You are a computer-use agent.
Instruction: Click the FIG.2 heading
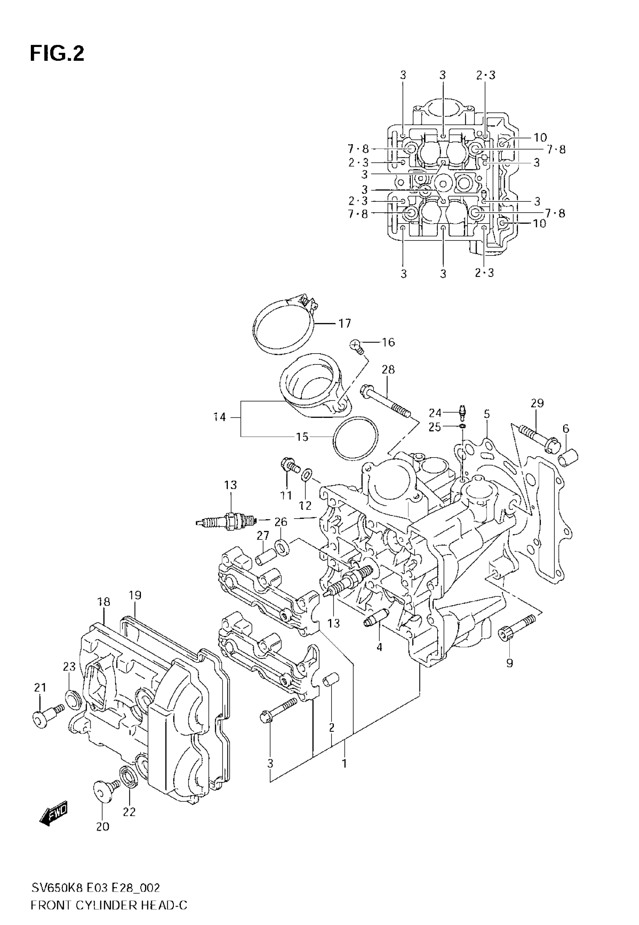(x=57, y=54)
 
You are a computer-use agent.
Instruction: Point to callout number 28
(x=388, y=369)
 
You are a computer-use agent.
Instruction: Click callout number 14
(x=220, y=417)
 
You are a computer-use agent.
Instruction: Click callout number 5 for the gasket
(x=486, y=414)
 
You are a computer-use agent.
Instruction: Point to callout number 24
(x=435, y=413)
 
